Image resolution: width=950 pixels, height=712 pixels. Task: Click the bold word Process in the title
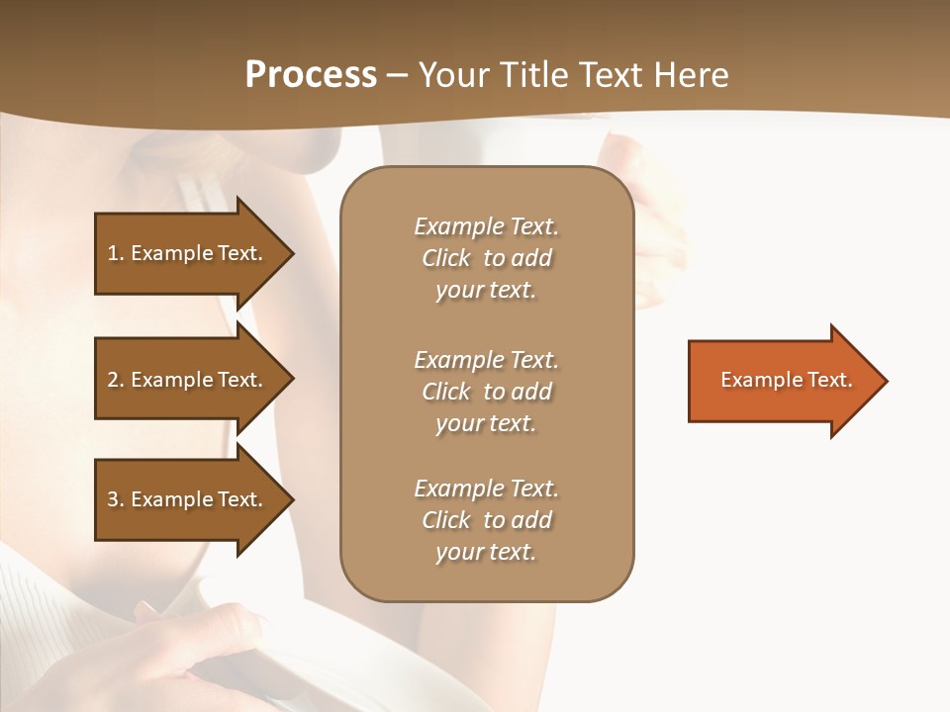(x=311, y=75)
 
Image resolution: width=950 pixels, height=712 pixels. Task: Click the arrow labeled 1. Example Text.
(x=185, y=253)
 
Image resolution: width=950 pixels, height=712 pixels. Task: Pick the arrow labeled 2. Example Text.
(x=185, y=380)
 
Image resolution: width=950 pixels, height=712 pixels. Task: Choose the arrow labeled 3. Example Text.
(x=185, y=499)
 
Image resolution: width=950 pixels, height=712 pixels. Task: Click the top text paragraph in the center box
(x=486, y=258)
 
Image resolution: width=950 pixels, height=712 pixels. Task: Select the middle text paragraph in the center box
(x=486, y=392)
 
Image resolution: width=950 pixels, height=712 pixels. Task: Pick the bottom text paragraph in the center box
(x=486, y=520)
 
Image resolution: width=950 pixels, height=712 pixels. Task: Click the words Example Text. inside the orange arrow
(x=786, y=380)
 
